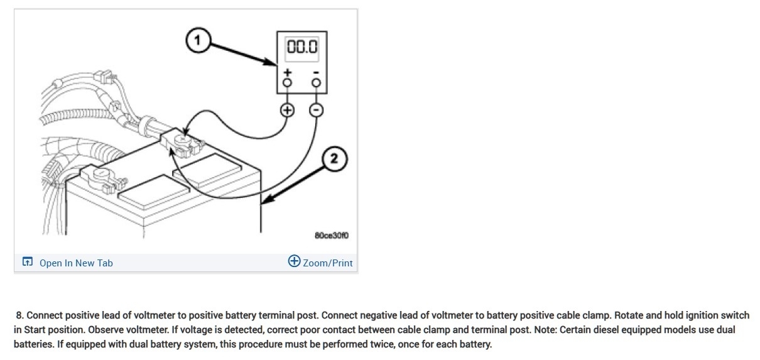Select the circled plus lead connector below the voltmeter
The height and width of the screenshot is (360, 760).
pos(287,110)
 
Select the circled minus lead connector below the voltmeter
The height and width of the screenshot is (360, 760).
pos(317,110)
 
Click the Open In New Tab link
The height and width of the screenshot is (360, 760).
pos(76,263)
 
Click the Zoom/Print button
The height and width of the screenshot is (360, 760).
pos(320,263)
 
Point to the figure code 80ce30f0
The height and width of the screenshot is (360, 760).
pos(331,236)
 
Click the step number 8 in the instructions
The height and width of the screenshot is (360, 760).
pos(20,315)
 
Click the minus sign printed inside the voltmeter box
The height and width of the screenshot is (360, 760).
pos(316,72)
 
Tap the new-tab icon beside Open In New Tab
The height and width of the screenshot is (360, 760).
pos(27,263)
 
